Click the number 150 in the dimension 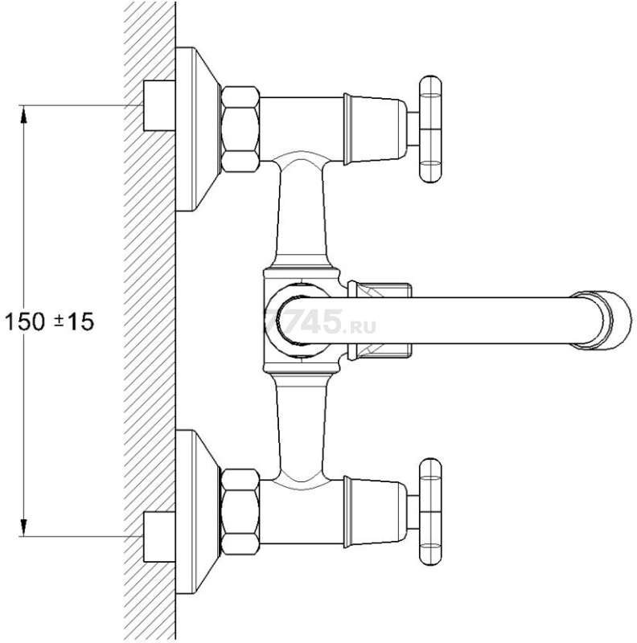(x=25, y=321)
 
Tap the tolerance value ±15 (x=74, y=321)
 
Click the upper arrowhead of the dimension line (x=24, y=114)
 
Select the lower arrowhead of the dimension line (x=24, y=527)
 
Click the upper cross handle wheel (x=430, y=129)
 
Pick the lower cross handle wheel (x=430, y=512)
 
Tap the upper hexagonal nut (x=240, y=129)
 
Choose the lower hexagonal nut (x=240, y=512)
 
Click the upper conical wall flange (x=198, y=129)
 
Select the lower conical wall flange (x=198, y=512)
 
